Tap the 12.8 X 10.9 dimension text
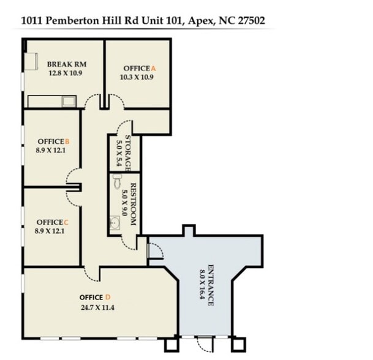pos(65,73)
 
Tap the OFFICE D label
pos(95,298)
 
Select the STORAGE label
pos(129,152)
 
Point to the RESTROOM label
pos(133,204)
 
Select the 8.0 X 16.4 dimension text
pos(202,285)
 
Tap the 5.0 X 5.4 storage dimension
pos(119,152)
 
